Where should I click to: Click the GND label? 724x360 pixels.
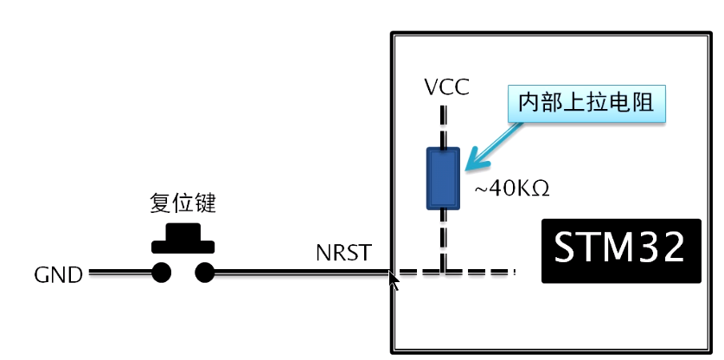pos(59,275)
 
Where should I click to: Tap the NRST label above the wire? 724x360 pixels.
pos(343,253)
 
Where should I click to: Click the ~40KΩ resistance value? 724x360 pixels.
pos(511,188)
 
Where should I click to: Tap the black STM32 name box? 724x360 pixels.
pos(620,251)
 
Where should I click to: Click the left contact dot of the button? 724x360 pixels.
pos(161,273)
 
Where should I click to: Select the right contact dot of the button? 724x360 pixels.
pos(204,273)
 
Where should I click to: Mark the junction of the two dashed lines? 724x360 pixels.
pos(444,273)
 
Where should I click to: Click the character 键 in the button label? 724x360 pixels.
pos(204,204)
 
